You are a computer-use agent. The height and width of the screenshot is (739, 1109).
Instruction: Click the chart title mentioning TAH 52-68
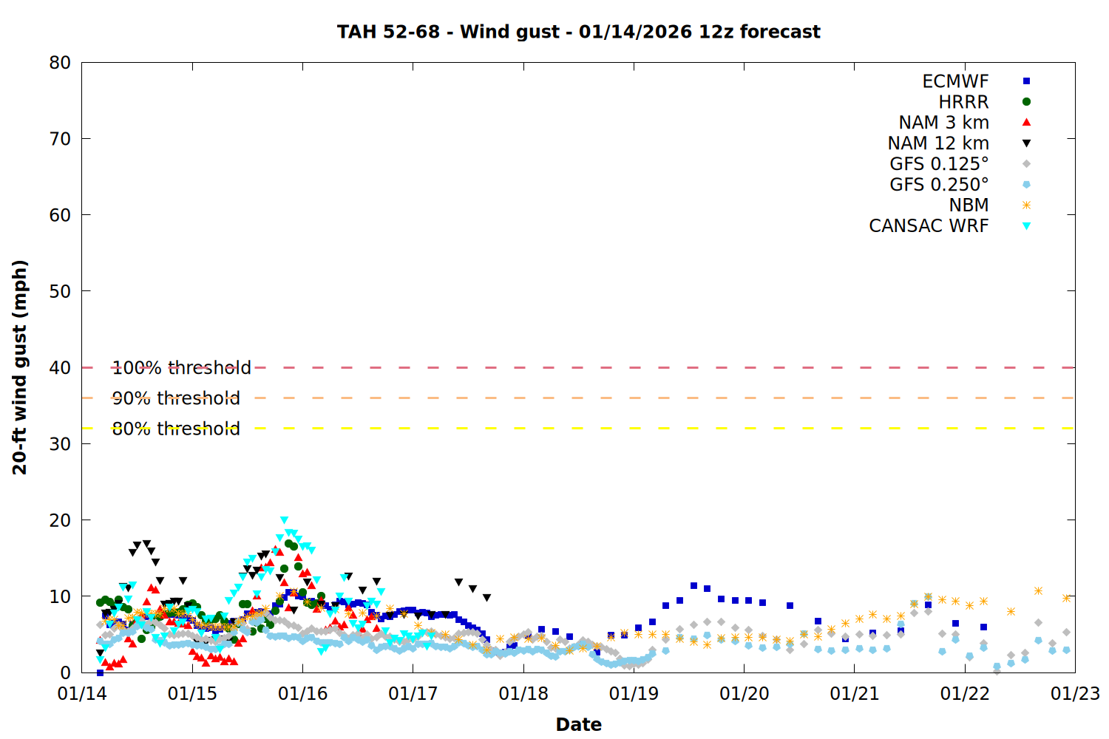(578, 32)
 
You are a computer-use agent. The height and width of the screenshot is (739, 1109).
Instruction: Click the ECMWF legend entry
(955, 81)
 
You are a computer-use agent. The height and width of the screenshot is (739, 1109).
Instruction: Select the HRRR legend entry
(963, 102)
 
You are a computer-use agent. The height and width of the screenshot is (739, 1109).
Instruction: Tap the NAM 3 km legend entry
(943, 123)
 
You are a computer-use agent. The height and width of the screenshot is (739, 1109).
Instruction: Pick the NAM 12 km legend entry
(938, 143)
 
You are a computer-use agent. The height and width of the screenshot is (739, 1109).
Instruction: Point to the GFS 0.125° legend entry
(939, 164)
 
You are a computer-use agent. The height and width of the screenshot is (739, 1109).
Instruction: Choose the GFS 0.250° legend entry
(939, 185)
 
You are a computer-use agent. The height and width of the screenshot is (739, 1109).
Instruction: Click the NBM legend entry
(969, 205)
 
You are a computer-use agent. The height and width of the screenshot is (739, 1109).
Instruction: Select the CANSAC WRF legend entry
(929, 226)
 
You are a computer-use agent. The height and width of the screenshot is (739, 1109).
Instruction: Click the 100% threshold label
(181, 367)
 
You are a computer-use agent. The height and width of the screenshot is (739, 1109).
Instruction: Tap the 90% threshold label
(176, 398)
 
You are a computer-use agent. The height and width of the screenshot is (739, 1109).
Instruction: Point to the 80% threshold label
(176, 429)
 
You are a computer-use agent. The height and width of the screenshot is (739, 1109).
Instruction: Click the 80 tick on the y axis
(60, 63)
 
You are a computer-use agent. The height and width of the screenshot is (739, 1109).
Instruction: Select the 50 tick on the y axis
(60, 291)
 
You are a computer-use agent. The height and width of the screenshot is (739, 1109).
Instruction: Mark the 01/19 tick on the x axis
(634, 694)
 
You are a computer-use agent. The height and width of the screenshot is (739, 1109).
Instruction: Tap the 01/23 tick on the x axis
(1075, 694)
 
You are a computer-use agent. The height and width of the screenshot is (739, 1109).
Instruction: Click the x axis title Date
(578, 724)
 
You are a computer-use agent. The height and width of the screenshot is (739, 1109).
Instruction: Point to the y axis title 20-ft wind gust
(20, 367)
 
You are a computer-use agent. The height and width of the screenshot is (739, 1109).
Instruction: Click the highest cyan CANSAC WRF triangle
(284, 520)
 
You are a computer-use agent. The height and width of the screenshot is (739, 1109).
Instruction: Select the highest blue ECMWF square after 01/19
(693, 586)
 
